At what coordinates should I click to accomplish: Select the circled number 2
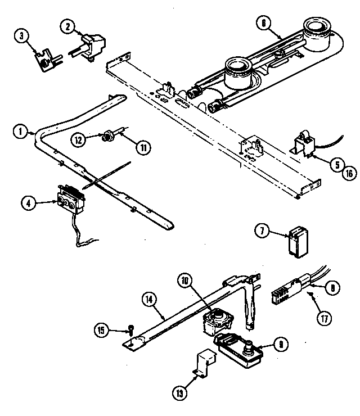(67, 25)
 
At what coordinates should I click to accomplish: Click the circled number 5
(336, 165)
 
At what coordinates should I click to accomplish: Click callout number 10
(186, 279)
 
